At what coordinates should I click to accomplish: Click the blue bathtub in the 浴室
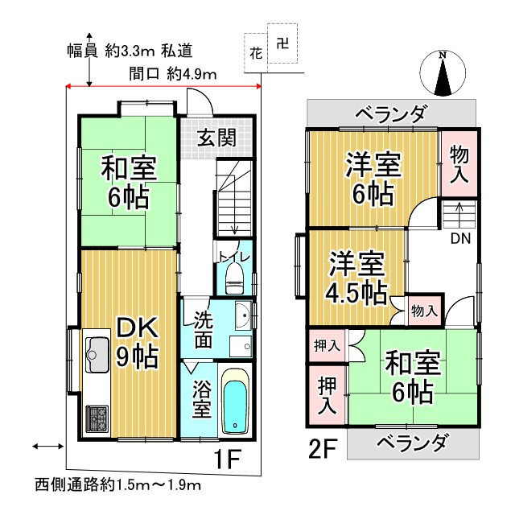(235, 402)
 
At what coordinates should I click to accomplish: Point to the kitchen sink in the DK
(97, 352)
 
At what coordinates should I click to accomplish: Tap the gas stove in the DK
(97, 417)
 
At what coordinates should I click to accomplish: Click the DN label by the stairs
(460, 238)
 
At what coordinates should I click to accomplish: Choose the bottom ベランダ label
(412, 443)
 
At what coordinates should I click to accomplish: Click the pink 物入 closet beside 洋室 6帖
(459, 163)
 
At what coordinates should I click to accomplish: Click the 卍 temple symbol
(281, 45)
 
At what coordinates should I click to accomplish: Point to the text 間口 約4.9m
(174, 74)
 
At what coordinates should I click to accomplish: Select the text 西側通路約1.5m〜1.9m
(117, 485)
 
